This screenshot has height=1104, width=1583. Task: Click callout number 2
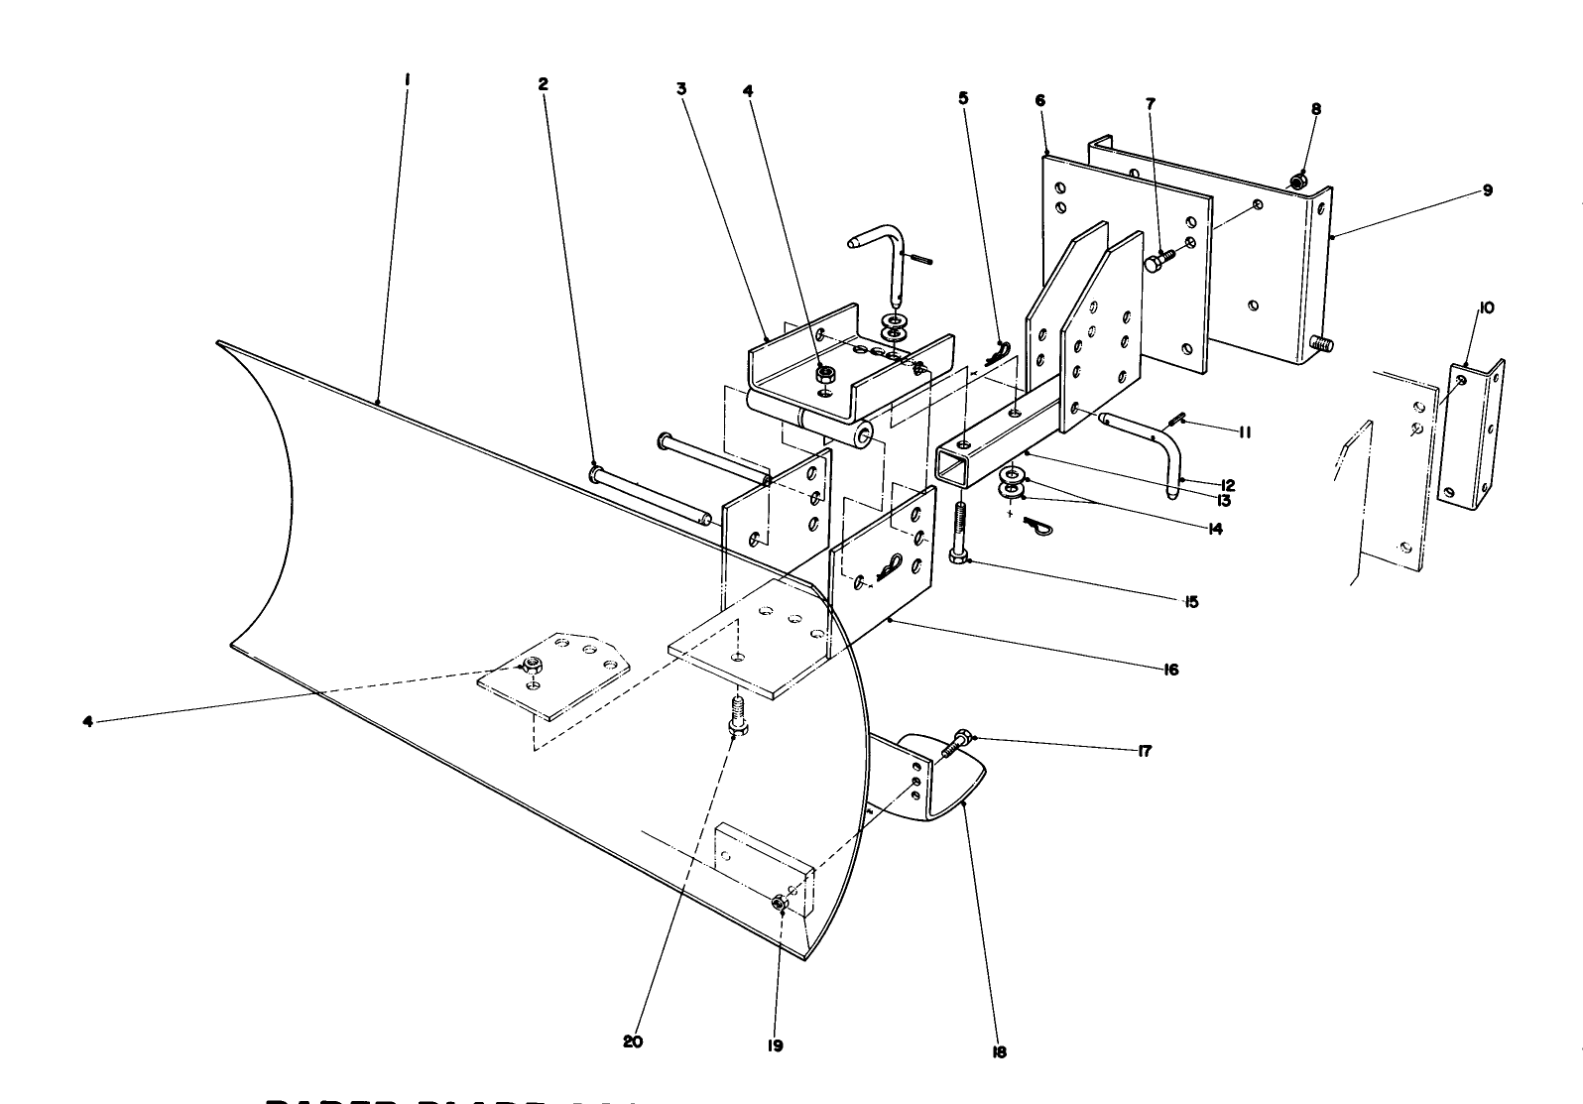click(x=543, y=85)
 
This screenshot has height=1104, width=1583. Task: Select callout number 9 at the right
click(x=1487, y=190)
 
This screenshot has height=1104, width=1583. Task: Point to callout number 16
click(x=1171, y=670)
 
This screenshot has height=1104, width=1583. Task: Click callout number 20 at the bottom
click(x=633, y=1042)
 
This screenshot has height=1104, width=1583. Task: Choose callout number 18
click(x=999, y=1052)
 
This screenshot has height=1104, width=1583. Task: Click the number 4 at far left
click(x=88, y=722)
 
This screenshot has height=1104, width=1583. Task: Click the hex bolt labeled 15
click(x=960, y=537)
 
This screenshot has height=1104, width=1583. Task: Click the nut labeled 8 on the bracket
click(x=1298, y=181)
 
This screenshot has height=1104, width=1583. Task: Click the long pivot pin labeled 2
click(x=650, y=495)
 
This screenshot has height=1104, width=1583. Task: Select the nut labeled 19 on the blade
click(x=781, y=903)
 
